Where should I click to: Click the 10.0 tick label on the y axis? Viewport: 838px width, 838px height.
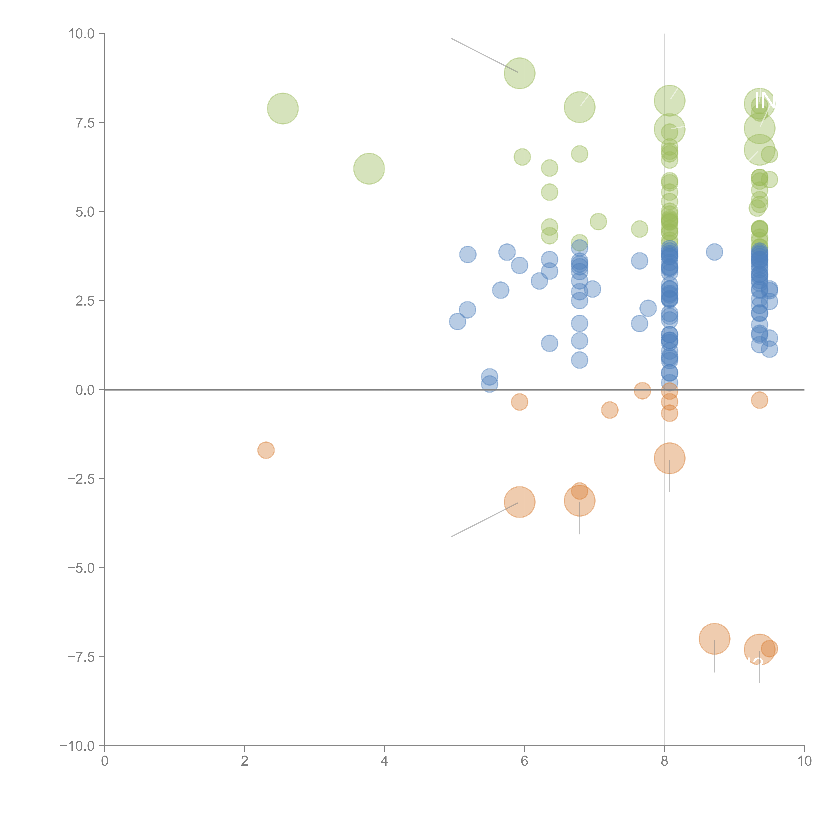82,34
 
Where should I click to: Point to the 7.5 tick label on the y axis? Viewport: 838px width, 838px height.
85,123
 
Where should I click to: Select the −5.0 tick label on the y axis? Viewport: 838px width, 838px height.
82,568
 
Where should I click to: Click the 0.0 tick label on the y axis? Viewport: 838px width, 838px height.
85,390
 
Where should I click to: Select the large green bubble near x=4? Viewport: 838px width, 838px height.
369,168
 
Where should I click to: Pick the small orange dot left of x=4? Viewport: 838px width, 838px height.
266,450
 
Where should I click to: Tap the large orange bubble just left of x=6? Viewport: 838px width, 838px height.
519,502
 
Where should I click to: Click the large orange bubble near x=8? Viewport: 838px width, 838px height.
669,458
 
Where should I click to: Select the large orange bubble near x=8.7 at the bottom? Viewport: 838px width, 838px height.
714,639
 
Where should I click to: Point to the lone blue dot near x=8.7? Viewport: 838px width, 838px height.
714,252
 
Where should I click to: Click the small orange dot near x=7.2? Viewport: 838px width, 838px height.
609,410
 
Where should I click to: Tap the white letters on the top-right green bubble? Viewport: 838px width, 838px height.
764,101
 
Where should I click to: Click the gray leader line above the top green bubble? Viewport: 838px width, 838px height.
484,55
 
